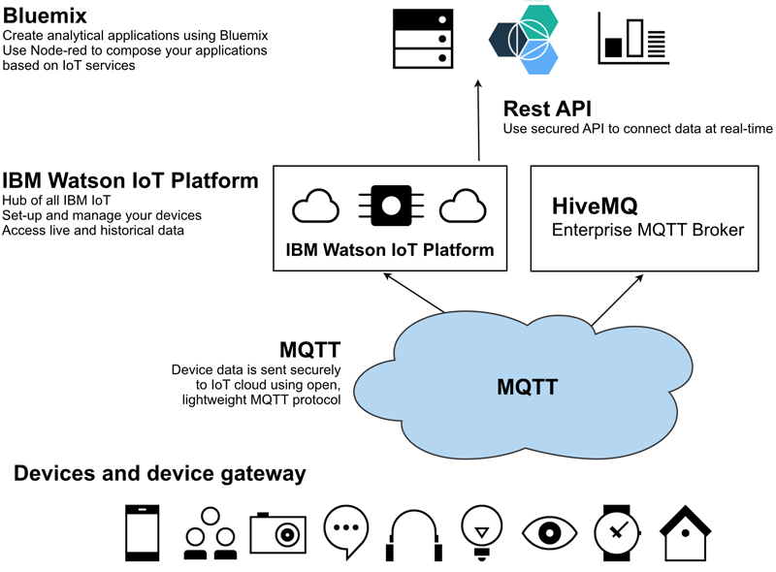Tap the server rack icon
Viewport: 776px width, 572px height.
[x=424, y=38]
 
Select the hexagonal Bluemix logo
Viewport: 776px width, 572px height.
[x=524, y=39]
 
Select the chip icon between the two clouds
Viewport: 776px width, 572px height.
[x=391, y=206]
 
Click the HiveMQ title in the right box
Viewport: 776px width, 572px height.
[x=595, y=206]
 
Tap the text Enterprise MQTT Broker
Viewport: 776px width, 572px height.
[x=647, y=231]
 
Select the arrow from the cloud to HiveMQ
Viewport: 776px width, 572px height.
[x=616, y=300]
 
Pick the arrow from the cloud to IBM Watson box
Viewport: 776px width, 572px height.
[x=414, y=294]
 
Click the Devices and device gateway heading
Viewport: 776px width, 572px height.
[x=160, y=474]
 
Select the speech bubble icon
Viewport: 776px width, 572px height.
[x=346, y=531]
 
